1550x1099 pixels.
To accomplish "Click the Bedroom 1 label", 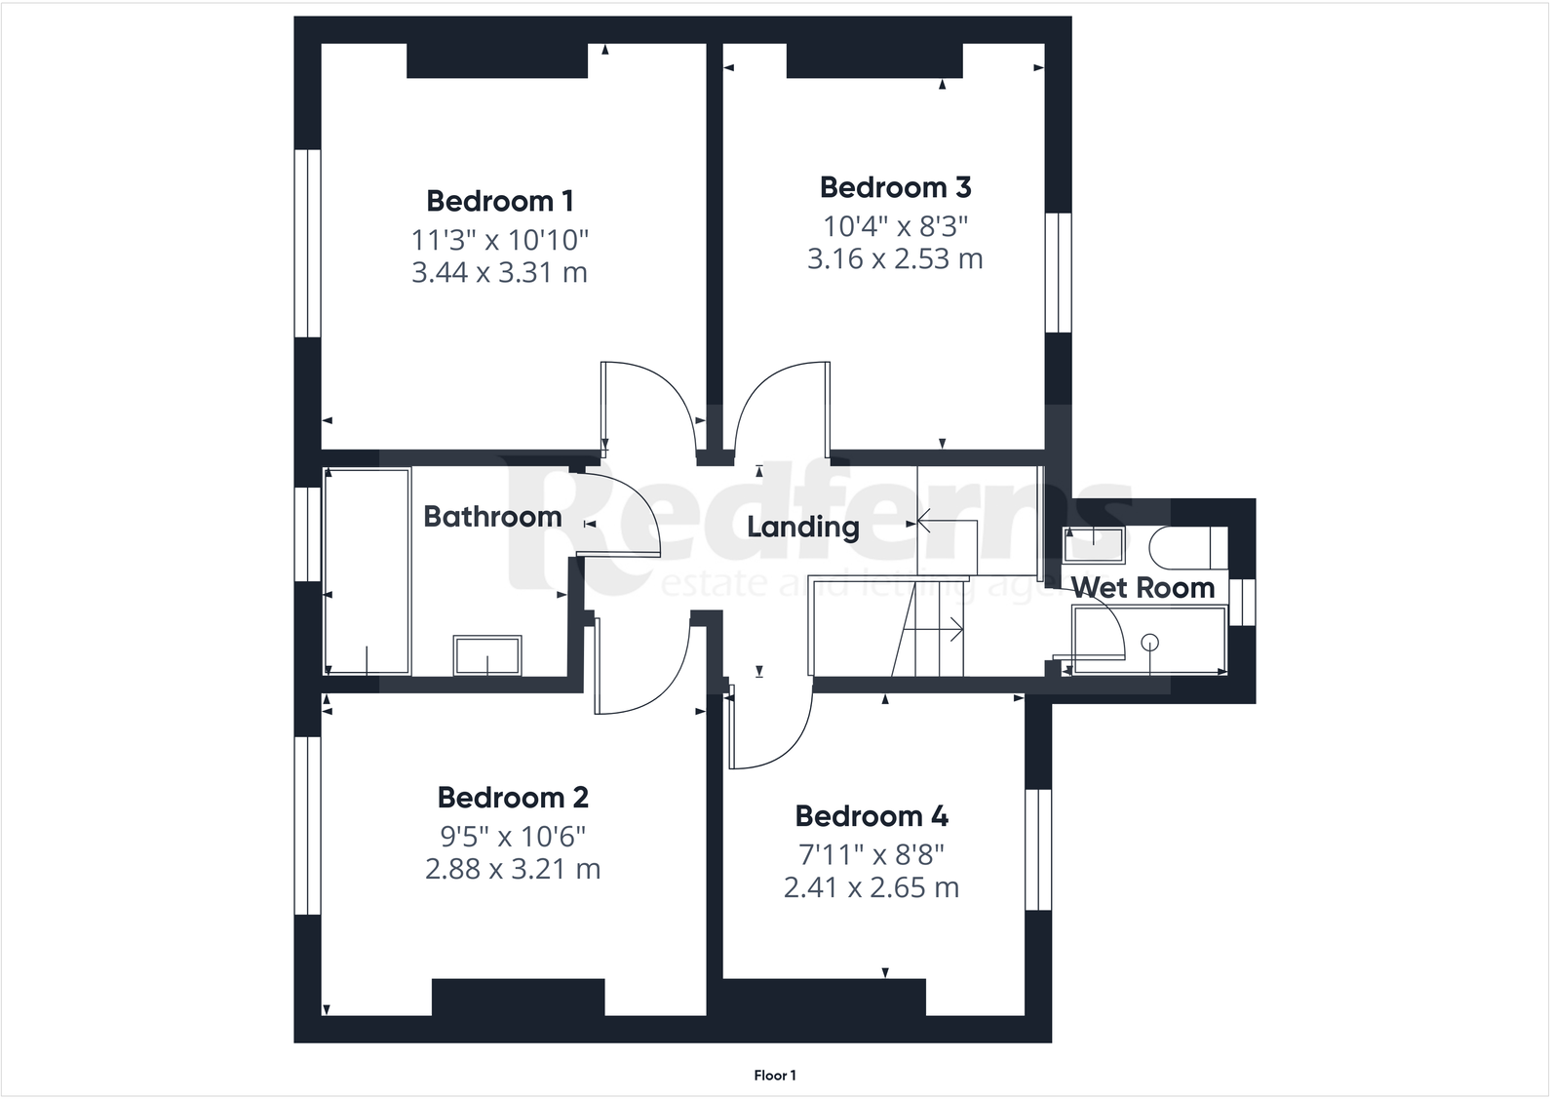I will pyautogui.click(x=499, y=201).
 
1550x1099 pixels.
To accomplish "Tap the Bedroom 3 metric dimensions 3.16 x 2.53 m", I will pyautogui.click(x=894, y=259).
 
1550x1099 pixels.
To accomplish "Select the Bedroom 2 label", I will pyautogui.click(x=512, y=798).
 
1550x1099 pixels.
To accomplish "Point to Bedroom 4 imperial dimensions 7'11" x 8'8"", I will pyautogui.click(x=872, y=855).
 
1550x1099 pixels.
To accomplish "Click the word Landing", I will pyautogui.click(x=802, y=528).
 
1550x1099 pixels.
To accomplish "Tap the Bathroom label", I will pyautogui.click(x=492, y=517).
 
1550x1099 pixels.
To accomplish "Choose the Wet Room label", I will pyautogui.click(x=1143, y=588).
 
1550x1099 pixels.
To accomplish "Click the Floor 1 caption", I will pyautogui.click(x=775, y=1076).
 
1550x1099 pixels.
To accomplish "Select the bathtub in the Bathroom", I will pyautogui.click(x=367, y=571).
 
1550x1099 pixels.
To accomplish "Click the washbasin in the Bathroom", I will pyautogui.click(x=487, y=654).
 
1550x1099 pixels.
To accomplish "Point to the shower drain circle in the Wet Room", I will pyautogui.click(x=1150, y=641).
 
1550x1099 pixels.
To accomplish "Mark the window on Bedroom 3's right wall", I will pyautogui.click(x=1059, y=272).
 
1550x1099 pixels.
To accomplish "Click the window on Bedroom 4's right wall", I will pyautogui.click(x=1038, y=848).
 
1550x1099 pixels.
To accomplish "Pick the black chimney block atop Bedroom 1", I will pyautogui.click(x=497, y=59).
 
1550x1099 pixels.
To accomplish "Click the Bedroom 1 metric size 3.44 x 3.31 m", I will pyautogui.click(x=499, y=273).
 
